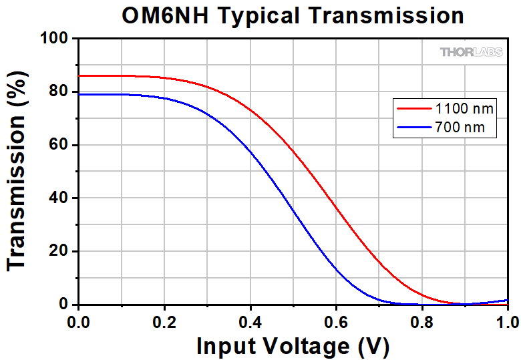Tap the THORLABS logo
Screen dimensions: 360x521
coord(471,51)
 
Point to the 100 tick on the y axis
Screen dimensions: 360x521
coord(57,39)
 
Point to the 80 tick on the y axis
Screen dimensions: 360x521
coord(61,92)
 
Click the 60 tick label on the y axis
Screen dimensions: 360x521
coord(61,145)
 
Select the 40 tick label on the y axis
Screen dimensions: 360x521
coord(61,198)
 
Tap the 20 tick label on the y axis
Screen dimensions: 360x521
coord(61,251)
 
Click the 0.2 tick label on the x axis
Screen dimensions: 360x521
coord(164,322)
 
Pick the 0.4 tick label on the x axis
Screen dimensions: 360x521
coord(250,322)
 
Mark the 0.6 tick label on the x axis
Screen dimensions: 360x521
coord(336,322)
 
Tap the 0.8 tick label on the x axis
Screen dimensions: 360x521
coord(422,322)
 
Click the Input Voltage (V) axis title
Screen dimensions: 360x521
coord(293,346)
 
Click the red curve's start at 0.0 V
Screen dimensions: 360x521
coord(79,75)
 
